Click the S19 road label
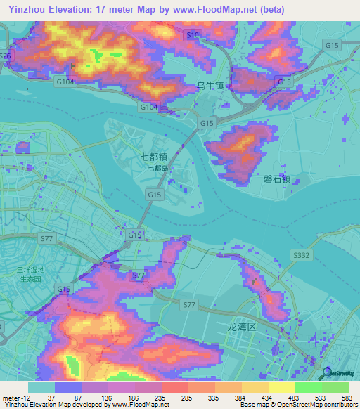pos(193,34)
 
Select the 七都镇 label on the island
pos(154,157)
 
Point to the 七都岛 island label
pos(157,168)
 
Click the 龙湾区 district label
pos(239,327)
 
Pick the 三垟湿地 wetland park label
pos(31,270)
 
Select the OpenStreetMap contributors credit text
pos(321,405)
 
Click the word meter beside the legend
pos(10,398)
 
